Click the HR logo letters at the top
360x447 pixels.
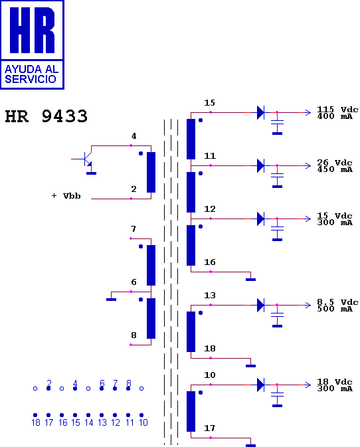click(x=32, y=30)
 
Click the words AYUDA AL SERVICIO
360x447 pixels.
click(x=31, y=74)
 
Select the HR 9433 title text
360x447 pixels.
click(x=46, y=116)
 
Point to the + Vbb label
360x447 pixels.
click(x=66, y=196)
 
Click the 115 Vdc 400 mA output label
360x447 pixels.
click(x=337, y=113)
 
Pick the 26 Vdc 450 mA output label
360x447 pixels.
click(x=335, y=166)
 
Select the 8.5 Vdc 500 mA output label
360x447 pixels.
click(x=337, y=306)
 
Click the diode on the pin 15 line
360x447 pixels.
click(x=260, y=113)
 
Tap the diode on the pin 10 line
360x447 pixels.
click(x=260, y=385)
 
